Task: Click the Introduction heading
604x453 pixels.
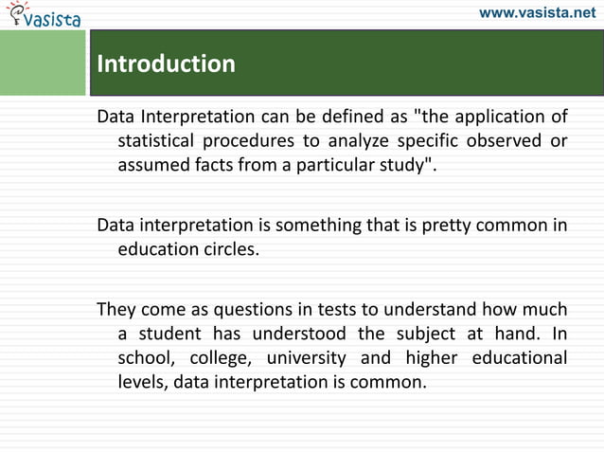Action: pyautogui.click(x=167, y=63)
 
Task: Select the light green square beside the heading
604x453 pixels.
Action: pyautogui.click(x=44, y=63)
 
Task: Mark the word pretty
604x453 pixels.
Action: pyautogui.click(x=445, y=226)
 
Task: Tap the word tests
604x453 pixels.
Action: pyautogui.click(x=326, y=311)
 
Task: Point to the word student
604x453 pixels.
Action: pyautogui.click(x=171, y=335)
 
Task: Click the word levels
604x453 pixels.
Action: pyautogui.click(x=141, y=383)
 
